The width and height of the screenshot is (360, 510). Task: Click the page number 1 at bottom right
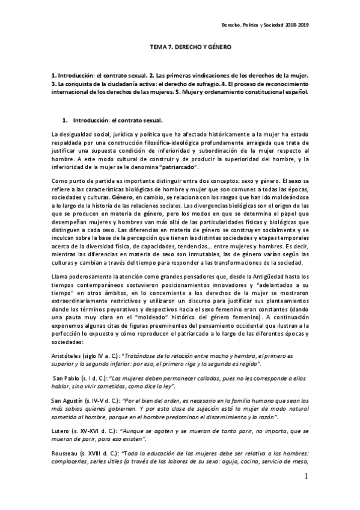pyautogui.click(x=305, y=476)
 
